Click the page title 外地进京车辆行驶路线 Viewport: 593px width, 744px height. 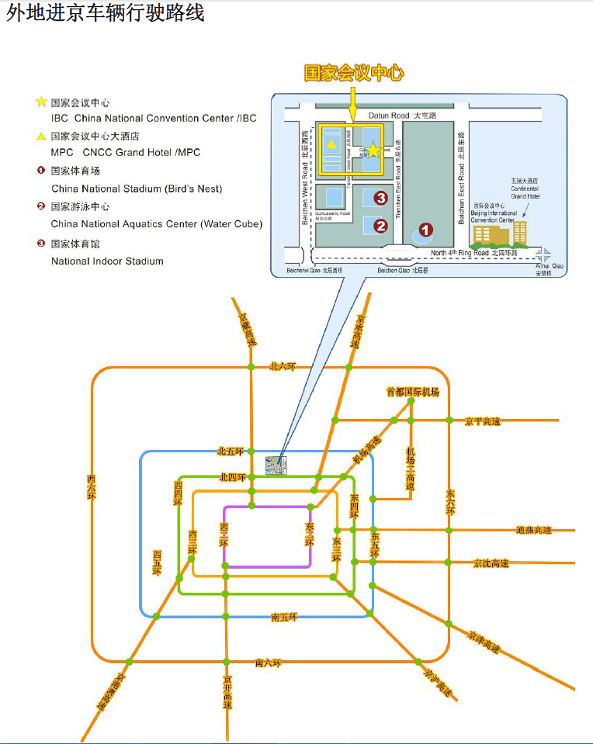pos(106,13)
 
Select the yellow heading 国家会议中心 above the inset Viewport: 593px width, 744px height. pos(354,74)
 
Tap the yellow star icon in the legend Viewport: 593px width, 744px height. pos(40,102)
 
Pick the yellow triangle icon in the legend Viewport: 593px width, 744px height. pos(40,137)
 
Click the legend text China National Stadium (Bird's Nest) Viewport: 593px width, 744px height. pos(137,189)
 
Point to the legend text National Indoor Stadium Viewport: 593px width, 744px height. pos(107,261)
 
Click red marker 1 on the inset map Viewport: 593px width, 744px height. pos(425,230)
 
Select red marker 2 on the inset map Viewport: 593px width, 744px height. pos(380,226)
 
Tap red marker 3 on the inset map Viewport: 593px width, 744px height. pos(380,198)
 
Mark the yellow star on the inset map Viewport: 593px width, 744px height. pos(373,150)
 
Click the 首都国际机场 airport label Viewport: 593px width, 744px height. pos(413,392)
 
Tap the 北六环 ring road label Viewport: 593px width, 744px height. pos(283,365)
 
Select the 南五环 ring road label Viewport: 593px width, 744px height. pos(284,618)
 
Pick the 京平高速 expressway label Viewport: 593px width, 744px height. pos(483,421)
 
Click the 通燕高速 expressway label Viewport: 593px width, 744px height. pos(533,531)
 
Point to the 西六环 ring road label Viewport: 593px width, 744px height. pos(92,488)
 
